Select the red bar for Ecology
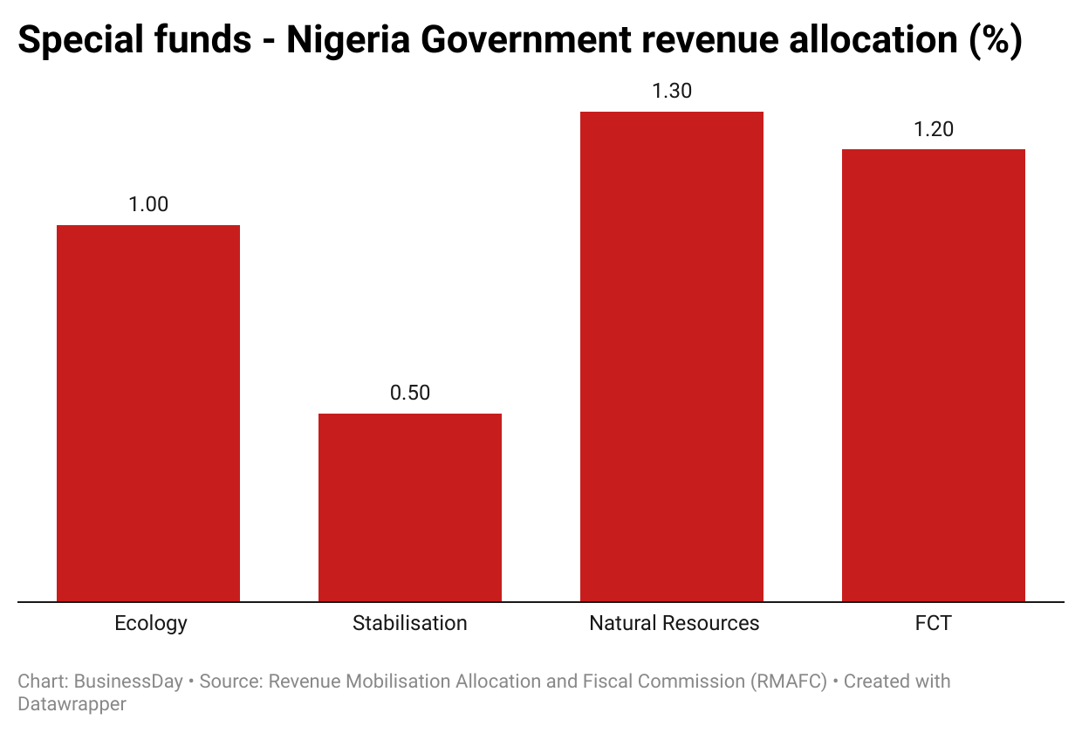click(148, 413)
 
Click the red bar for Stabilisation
click(410, 507)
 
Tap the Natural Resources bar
click(672, 356)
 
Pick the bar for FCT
click(934, 375)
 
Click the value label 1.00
click(148, 204)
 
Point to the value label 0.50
click(410, 393)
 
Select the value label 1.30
click(672, 91)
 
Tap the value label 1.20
click(934, 129)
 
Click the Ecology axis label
click(151, 623)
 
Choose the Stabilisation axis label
click(410, 623)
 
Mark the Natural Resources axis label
click(675, 623)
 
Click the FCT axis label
click(934, 623)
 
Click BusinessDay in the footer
click(128, 682)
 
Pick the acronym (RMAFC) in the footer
click(789, 682)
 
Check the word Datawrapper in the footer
click(72, 703)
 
